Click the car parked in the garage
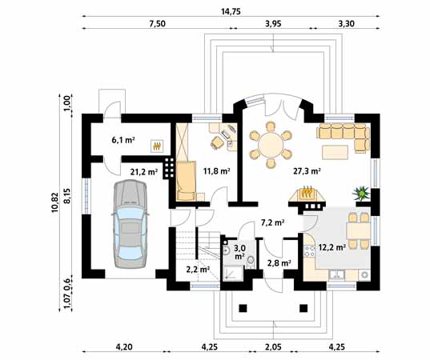[x=130, y=223]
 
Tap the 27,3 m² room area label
[x=306, y=170]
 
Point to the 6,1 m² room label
[x=123, y=139]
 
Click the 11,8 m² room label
[x=216, y=170]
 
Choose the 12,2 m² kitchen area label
[x=332, y=247]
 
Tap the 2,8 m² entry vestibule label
[x=277, y=262]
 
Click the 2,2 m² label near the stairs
[x=198, y=270]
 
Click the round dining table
[x=269, y=145]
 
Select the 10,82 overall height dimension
[x=54, y=197]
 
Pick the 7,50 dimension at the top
[x=157, y=24]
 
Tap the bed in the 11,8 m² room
[x=187, y=180]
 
